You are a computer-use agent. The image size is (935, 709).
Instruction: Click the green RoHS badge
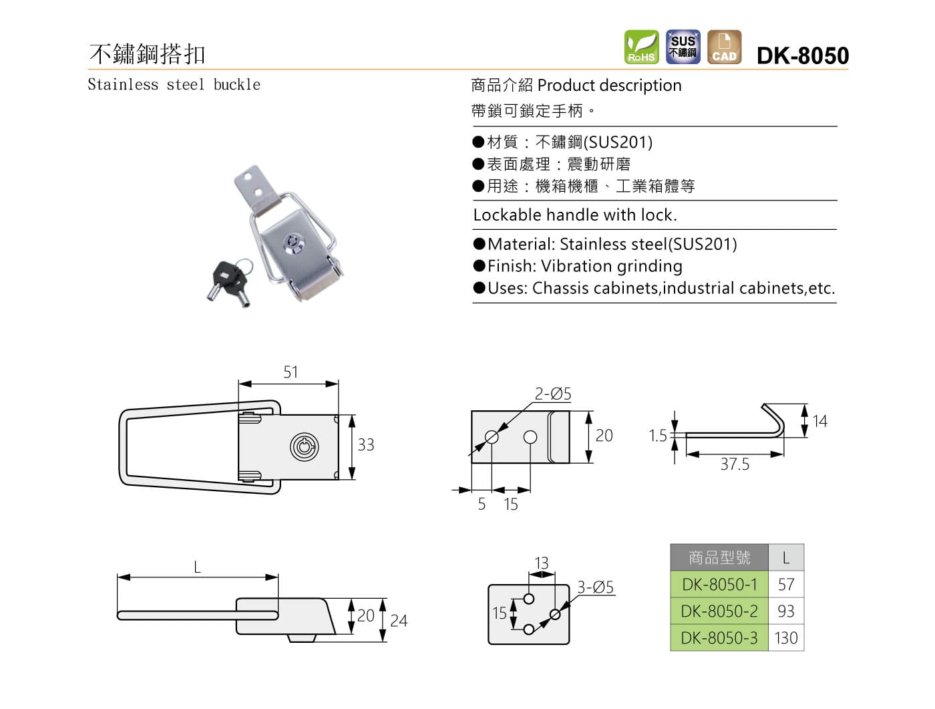(x=641, y=47)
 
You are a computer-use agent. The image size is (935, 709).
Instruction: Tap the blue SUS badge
(x=683, y=47)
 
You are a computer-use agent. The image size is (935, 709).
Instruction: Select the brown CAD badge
(x=724, y=47)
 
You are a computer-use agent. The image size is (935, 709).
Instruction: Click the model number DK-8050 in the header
(x=802, y=55)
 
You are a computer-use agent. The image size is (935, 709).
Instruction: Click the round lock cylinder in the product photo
(x=293, y=243)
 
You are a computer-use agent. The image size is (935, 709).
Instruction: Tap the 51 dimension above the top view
(x=291, y=372)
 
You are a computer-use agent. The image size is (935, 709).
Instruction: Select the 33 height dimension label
(x=365, y=444)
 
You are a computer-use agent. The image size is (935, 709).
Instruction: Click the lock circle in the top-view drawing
(x=304, y=446)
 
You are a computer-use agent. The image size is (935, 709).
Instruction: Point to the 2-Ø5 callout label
(x=552, y=394)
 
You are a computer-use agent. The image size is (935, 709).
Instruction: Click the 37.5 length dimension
(x=735, y=464)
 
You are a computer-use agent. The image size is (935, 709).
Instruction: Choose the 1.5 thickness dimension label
(x=657, y=436)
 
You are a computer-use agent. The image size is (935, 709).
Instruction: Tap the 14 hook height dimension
(x=819, y=421)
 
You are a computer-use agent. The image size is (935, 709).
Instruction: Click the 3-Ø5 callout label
(x=595, y=587)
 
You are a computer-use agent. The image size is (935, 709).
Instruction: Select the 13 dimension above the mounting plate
(x=542, y=563)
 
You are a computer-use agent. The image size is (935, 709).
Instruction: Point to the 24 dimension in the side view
(x=399, y=621)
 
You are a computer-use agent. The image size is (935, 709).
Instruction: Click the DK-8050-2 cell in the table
(x=719, y=611)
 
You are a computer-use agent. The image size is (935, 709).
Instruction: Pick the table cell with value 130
(x=785, y=638)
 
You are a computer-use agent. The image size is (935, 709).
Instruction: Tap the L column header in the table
(x=785, y=558)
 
